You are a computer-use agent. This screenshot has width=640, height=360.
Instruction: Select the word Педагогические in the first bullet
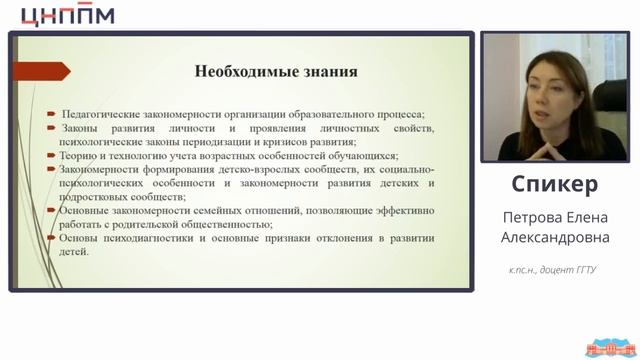103,114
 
